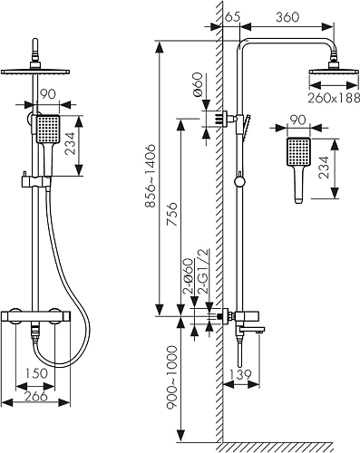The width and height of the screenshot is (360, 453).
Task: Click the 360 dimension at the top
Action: [x=287, y=17]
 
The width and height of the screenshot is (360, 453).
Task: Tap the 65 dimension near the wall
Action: [x=232, y=16]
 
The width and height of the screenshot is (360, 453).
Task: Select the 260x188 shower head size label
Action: [x=334, y=98]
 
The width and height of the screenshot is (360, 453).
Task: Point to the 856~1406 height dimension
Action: [x=151, y=176]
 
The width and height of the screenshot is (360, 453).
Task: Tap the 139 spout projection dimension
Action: [x=240, y=375]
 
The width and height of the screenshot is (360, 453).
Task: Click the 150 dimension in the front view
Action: [x=35, y=373]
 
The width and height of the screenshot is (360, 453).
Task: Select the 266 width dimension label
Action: [x=35, y=396]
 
